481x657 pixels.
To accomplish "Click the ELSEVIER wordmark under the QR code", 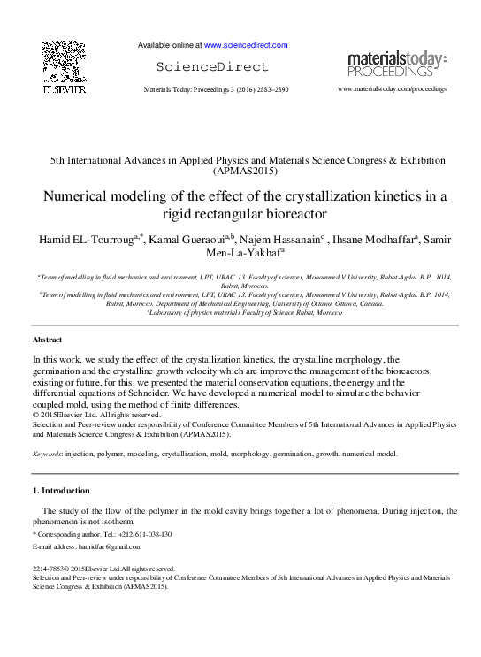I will pyautogui.click(x=65, y=89).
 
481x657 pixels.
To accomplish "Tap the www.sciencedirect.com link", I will pyautogui.click(x=246, y=44).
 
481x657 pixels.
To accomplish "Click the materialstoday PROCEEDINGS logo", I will pyautogui.click(x=396, y=63).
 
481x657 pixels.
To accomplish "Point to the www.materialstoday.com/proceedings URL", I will pyautogui.click(x=392, y=89).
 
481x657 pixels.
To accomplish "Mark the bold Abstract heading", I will pyautogui.click(x=48, y=340).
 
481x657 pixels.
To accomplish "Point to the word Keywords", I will pyautogui.click(x=47, y=453).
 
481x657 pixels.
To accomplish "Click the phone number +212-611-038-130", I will pyautogui.click(x=144, y=535).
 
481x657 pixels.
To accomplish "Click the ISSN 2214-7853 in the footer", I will pyautogui.click(x=49, y=569).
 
